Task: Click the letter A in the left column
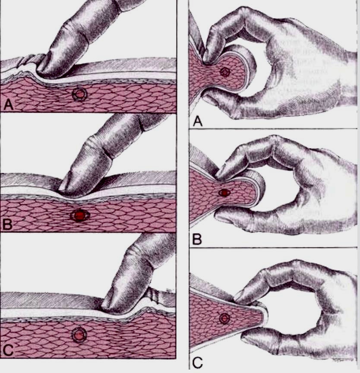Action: point(9,105)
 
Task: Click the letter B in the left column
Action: point(7,224)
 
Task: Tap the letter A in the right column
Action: point(198,121)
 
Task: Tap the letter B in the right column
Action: point(197,239)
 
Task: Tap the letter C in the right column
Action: point(197,363)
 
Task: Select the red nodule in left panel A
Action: point(80,95)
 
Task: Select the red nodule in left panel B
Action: point(80,215)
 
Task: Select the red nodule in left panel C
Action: point(79,335)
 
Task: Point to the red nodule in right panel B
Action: point(224,193)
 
